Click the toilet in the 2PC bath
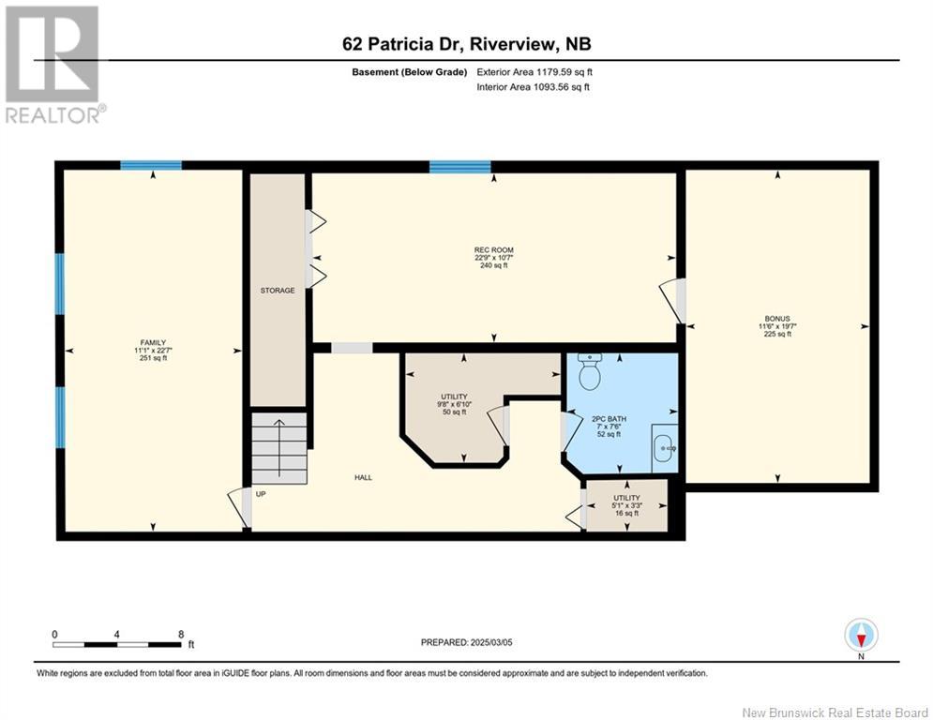coord(590,372)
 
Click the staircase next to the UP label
coord(279,448)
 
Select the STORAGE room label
coord(278,291)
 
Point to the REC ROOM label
coord(494,250)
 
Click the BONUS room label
coord(777,319)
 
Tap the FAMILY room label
coord(153,343)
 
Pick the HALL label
coord(363,477)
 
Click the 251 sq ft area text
coord(153,358)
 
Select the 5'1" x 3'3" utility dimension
coord(627,506)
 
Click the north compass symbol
coord(861,636)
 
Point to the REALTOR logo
coord(53,65)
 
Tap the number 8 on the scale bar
coord(181,635)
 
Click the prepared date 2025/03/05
coord(491,642)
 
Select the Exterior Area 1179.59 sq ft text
coord(534,72)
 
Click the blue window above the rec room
coord(460,167)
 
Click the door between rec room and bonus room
coord(673,301)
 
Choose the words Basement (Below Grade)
coord(410,72)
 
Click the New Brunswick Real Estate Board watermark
coord(835,712)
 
